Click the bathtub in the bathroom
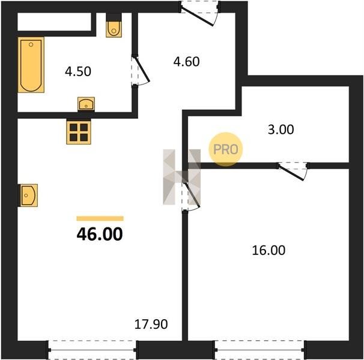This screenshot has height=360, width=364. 31,65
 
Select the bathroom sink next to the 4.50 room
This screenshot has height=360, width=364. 86,104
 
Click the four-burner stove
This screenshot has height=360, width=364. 79,132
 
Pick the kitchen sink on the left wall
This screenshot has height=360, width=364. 28,196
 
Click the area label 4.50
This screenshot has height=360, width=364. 78,71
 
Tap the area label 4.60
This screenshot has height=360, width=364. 186,62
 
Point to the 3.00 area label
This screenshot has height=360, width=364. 281,130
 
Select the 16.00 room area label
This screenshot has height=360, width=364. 268,250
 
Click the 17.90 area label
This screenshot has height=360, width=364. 151,324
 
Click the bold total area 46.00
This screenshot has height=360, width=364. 100,234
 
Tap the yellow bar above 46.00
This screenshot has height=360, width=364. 100,218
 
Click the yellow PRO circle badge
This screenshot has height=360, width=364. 226,149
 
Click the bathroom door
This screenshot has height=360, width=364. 141,71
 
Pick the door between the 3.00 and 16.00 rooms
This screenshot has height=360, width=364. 293,171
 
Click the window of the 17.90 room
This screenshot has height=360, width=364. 93,350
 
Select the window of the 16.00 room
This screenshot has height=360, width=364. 259,350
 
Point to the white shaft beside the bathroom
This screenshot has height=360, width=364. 54,22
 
